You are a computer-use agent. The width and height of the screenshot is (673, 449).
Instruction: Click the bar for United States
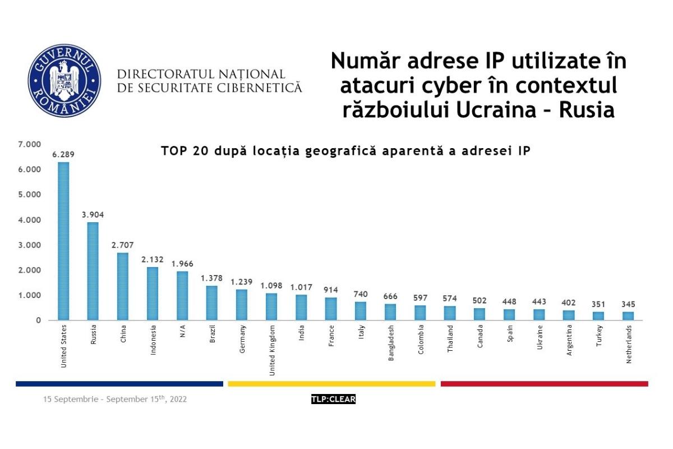coord(63,241)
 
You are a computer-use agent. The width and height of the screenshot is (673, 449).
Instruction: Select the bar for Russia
coord(93,271)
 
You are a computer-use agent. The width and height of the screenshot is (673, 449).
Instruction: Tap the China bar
coord(123,286)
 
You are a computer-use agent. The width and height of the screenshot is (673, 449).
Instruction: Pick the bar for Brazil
coord(211,303)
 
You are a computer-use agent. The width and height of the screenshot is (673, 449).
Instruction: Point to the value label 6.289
coord(63,154)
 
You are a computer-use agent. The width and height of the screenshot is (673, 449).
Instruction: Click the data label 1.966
coord(182,264)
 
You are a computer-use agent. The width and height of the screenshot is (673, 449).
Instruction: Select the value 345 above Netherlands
coord(629,304)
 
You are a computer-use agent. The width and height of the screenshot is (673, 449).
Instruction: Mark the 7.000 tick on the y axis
coord(30,145)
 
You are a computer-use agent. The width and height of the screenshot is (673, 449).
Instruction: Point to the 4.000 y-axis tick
coord(30,220)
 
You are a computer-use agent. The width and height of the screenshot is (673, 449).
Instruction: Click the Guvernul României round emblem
coord(64,80)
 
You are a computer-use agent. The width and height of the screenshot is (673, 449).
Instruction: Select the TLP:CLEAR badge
coord(333,400)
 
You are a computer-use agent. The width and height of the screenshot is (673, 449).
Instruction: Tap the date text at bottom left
coord(115,400)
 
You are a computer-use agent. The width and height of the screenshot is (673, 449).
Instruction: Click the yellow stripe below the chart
coord(331,384)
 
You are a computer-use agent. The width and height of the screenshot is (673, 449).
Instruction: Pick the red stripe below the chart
coord(544,384)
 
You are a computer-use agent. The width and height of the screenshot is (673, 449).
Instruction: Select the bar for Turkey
coord(599,315)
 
